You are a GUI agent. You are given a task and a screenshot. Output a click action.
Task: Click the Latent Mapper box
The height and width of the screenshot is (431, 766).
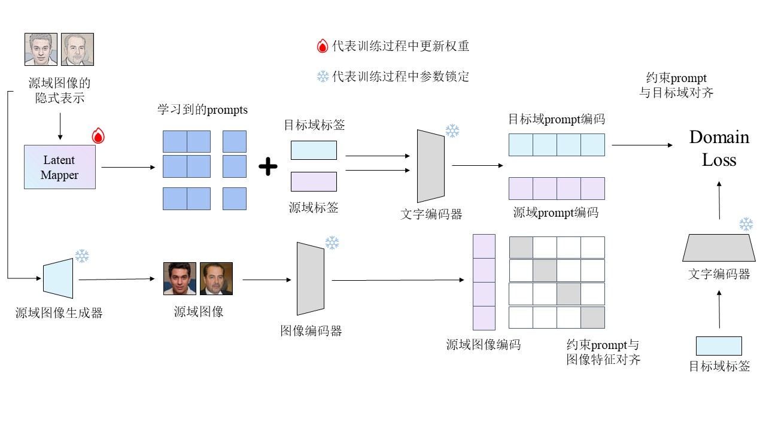[x=59, y=167]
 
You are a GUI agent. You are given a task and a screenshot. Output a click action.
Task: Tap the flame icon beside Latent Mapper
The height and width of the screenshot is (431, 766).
[x=98, y=136]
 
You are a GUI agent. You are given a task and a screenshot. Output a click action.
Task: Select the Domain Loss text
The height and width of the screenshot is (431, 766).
[x=719, y=148]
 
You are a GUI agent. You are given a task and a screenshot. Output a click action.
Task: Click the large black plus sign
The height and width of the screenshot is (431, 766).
[x=268, y=167]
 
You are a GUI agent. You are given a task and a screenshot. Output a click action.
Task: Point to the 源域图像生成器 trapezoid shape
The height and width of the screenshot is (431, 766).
[x=58, y=278]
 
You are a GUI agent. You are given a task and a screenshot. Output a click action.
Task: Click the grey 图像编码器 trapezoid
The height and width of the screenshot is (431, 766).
[x=311, y=278]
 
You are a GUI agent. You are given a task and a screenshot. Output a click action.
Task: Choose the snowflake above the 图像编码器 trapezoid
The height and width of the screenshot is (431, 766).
[x=332, y=242]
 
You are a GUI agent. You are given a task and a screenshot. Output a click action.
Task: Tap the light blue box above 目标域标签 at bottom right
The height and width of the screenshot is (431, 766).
[x=718, y=346]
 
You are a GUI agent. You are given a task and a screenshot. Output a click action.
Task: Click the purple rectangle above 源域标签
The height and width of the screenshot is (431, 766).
[x=314, y=181]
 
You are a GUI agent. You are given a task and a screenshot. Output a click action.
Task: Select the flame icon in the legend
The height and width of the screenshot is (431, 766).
[x=323, y=46]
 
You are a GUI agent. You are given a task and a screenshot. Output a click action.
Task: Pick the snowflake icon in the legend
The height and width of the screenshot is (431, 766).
[x=323, y=77]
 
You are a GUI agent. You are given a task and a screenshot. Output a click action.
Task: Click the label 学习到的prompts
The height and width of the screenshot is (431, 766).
[x=202, y=110]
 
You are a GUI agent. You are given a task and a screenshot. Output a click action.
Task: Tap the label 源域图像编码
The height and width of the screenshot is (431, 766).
[x=483, y=345]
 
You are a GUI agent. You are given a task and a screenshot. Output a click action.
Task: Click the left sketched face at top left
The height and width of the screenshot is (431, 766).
[x=41, y=49]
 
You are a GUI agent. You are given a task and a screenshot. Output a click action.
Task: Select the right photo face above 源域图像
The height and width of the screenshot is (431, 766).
[x=216, y=278]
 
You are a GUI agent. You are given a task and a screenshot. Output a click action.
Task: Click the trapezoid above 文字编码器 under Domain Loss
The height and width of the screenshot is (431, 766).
[x=718, y=247]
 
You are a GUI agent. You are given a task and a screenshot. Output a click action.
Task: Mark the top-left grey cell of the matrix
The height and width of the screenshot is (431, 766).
[x=521, y=247]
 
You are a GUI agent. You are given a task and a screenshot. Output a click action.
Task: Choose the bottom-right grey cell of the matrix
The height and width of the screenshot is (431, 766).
[x=592, y=317]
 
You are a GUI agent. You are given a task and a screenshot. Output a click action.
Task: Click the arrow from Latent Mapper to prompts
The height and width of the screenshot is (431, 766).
[x=127, y=168]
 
